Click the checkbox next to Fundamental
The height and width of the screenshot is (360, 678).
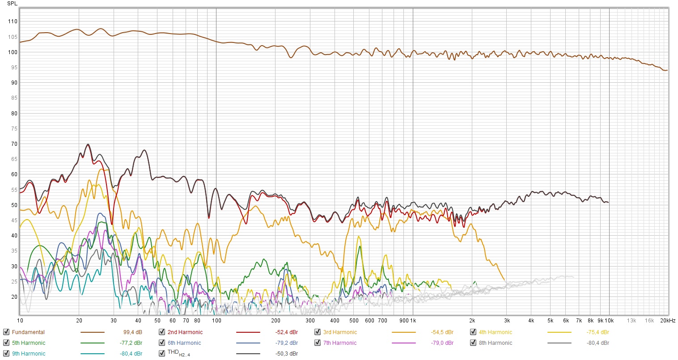[6, 332]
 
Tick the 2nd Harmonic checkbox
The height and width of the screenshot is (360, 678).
[162, 332]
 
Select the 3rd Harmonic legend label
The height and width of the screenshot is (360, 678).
[340, 332]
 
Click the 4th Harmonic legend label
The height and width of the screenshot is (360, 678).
[495, 332]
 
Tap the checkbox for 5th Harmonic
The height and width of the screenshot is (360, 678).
[6, 343]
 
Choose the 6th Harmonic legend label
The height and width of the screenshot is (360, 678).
[184, 343]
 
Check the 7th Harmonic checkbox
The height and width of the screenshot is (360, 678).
[318, 343]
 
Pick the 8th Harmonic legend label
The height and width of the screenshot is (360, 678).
[495, 343]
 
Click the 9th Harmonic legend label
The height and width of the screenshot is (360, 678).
[29, 354]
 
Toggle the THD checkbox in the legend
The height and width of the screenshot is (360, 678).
[162, 353]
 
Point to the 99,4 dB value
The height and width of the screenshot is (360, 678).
[132, 332]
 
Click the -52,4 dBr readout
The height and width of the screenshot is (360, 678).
[286, 332]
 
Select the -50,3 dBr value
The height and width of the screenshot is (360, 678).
[286, 354]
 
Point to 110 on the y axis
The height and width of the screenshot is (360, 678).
[13, 21]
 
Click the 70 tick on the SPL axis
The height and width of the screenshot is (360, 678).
[14, 144]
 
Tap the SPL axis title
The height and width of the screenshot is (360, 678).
[13, 4]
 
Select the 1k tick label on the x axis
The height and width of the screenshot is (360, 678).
[413, 321]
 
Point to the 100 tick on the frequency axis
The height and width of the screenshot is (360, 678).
[216, 321]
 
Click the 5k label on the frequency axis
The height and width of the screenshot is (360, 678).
[551, 321]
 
